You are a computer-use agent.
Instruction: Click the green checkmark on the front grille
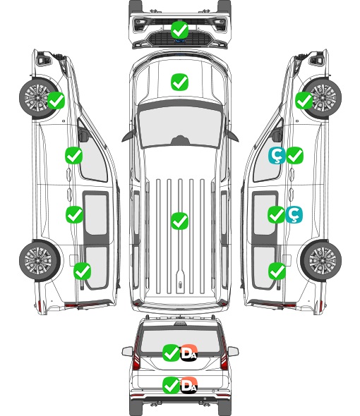click(179, 30)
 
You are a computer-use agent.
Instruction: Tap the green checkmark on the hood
click(179, 82)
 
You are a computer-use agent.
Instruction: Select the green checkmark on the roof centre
click(179, 221)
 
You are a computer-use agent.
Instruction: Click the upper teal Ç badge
click(277, 155)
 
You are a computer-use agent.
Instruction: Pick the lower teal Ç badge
click(294, 214)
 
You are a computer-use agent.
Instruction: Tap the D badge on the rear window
click(189, 353)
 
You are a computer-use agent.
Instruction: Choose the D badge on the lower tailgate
click(189, 385)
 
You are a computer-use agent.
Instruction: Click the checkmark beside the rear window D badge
click(171, 353)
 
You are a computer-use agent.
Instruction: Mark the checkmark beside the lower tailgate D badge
click(171, 385)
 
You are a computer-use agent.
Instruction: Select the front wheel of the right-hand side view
click(321, 98)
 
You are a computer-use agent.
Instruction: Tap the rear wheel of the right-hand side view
click(321, 261)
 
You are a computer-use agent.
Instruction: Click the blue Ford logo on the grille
click(180, 41)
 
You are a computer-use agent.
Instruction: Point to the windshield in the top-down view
click(180, 126)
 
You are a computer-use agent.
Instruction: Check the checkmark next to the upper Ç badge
click(294, 155)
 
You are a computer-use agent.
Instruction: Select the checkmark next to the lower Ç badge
click(276, 214)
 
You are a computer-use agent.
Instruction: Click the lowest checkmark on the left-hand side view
click(82, 271)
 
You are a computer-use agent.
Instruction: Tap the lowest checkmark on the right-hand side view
click(277, 271)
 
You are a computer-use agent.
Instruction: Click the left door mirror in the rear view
click(127, 352)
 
